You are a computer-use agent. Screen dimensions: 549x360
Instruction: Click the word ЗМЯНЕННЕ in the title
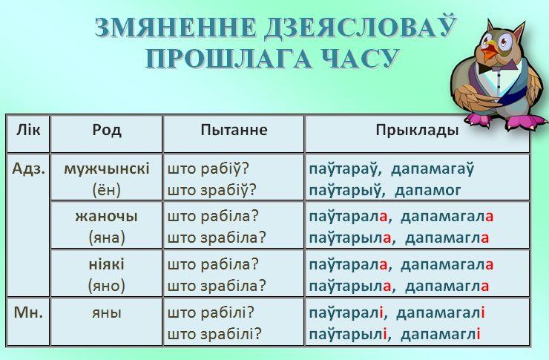click(x=175, y=27)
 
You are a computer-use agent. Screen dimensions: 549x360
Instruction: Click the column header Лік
click(x=28, y=130)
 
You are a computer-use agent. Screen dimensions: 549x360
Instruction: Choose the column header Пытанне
click(x=234, y=130)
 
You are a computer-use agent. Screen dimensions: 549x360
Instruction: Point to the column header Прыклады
click(x=417, y=131)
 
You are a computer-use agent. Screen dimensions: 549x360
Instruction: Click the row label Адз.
click(x=29, y=168)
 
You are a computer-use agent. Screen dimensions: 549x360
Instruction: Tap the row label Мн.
click(x=28, y=312)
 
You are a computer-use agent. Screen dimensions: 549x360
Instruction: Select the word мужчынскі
click(x=107, y=169)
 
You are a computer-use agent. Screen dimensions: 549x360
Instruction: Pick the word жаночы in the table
click(x=106, y=216)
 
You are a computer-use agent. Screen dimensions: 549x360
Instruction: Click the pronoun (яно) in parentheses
click(x=106, y=286)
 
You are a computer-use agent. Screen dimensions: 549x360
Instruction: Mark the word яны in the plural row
click(x=107, y=312)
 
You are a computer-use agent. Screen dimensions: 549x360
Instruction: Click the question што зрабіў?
click(x=212, y=190)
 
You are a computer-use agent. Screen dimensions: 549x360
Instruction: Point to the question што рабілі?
click(x=210, y=312)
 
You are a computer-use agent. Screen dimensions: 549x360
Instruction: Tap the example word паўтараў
click(x=343, y=168)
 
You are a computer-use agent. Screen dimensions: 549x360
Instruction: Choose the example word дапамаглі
click(x=441, y=334)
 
